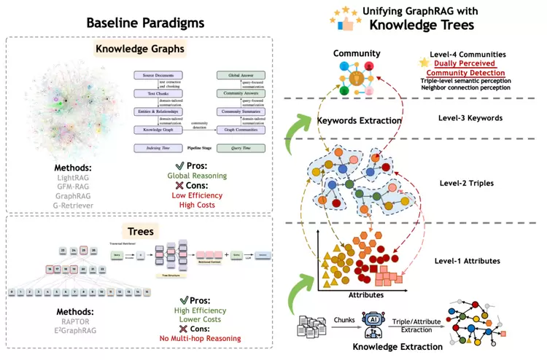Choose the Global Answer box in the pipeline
point(237,75)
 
